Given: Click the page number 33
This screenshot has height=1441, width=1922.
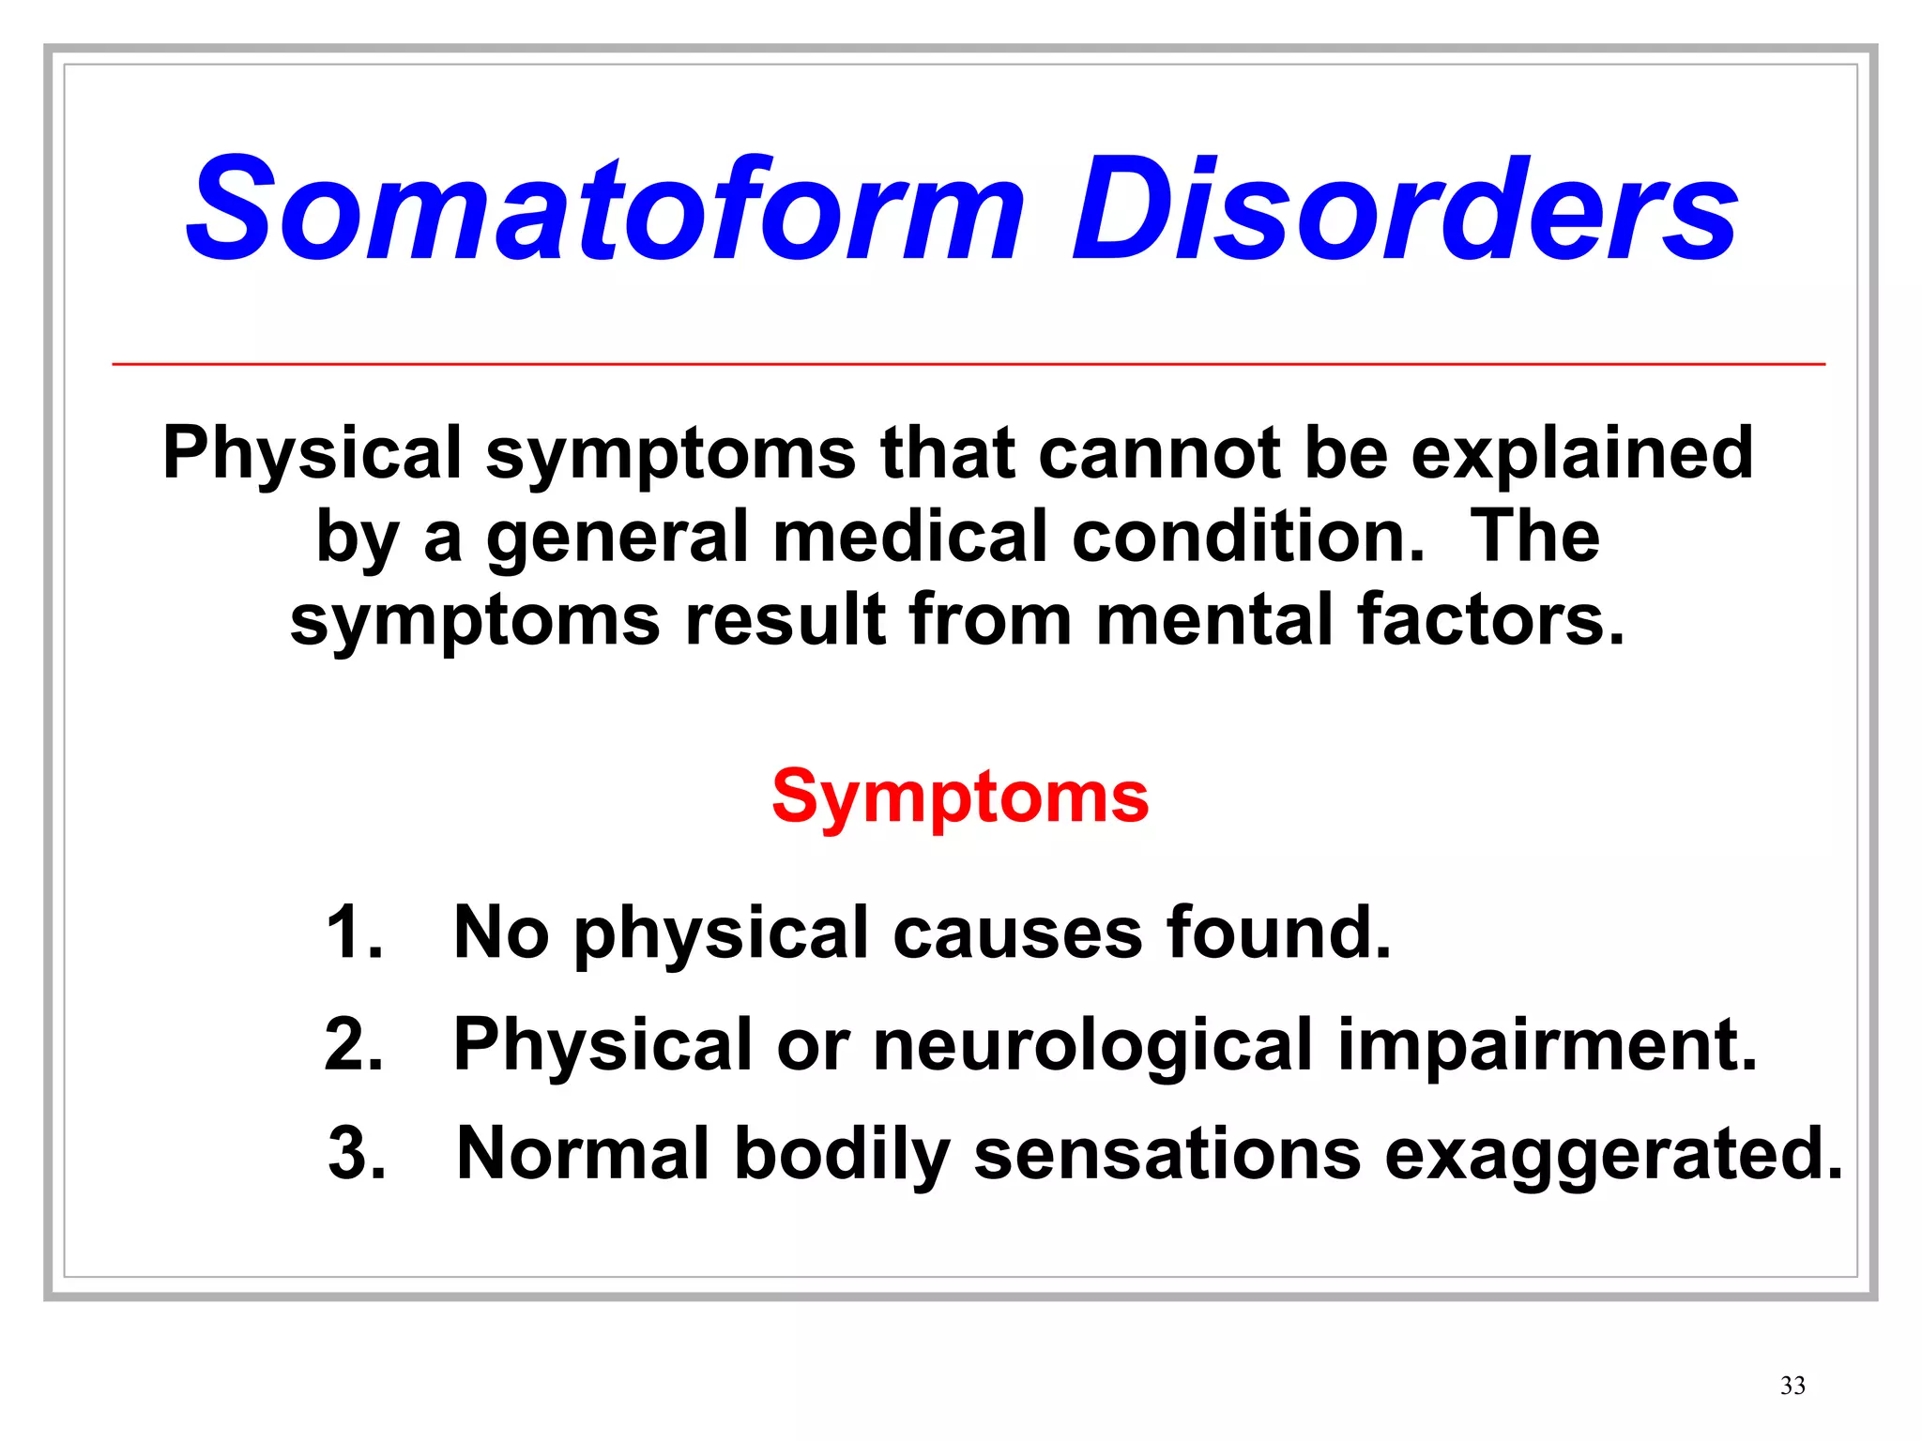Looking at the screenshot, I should [1792, 1386].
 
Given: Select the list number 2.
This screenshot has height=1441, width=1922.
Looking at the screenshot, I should [353, 1044].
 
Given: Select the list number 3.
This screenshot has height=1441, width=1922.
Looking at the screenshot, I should [357, 1153].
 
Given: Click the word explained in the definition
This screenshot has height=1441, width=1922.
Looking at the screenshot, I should [1582, 454].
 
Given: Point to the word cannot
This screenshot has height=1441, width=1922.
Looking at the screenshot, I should [1159, 454].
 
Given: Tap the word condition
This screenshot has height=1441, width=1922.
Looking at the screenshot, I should [1248, 537].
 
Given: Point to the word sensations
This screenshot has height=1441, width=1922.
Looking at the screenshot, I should [1167, 1154].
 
